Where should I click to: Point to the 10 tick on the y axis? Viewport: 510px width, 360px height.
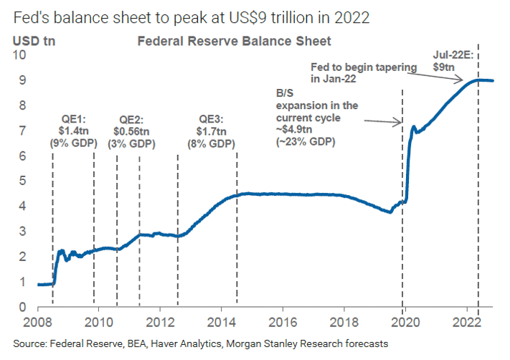(x=21, y=55)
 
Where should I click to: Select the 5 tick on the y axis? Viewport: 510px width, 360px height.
(x=24, y=181)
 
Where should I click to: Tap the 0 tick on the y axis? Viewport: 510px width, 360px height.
(x=24, y=307)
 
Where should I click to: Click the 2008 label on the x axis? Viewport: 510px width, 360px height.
(x=37, y=320)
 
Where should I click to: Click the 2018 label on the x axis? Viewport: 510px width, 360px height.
(x=344, y=320)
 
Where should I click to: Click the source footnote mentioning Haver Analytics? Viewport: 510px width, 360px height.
(x=201, y=344)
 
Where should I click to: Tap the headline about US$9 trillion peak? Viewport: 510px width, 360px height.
(x=191, y=15)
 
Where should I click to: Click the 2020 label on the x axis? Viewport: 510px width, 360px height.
(x=406, y=320)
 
